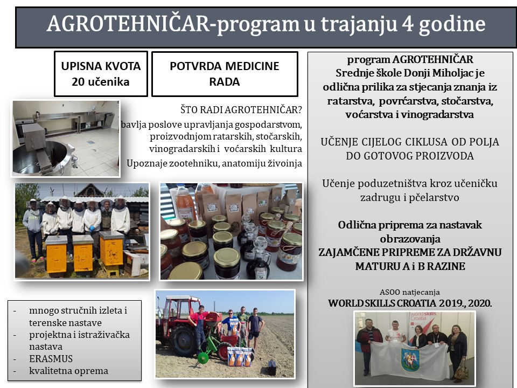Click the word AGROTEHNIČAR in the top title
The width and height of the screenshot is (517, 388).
(129, 24)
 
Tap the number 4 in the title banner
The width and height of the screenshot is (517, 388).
(408, 24)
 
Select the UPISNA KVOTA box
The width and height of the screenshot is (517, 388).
(101, 74)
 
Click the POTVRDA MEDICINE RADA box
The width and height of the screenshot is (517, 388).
(225, 74)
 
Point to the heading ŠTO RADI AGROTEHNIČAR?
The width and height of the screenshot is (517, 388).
(241, 110)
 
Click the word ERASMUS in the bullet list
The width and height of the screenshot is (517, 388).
(51, 359)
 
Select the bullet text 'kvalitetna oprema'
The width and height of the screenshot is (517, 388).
(68, 371)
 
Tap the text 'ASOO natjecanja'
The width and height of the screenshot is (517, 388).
(409, 292)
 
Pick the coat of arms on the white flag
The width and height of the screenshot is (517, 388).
(410, 359)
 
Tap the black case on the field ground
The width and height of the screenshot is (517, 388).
(271, 367)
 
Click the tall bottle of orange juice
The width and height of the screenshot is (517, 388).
(185, 203)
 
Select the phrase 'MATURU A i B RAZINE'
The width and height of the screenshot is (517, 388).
(410, 266)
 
